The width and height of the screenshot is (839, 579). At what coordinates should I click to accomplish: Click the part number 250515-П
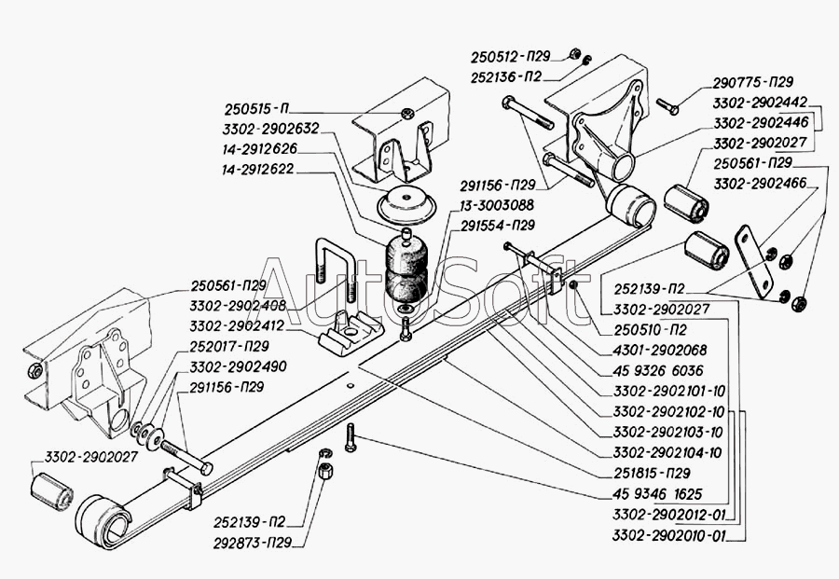(256, 109)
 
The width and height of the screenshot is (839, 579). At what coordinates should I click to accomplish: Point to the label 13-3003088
(497, 205)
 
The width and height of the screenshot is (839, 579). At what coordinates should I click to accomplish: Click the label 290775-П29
(753, 82)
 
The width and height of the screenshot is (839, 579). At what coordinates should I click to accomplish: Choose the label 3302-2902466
(760, 184)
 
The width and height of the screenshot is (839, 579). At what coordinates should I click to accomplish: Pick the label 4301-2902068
(660, 350)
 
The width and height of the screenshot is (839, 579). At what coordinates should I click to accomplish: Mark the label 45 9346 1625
(657, 493)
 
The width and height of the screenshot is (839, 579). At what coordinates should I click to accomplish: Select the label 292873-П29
(253, 543)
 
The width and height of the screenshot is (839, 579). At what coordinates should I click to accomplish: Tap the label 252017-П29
(229, 346)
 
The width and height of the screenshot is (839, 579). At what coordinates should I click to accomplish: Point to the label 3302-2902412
(238, 326)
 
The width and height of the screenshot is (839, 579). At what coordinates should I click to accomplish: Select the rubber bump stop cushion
(406, 273)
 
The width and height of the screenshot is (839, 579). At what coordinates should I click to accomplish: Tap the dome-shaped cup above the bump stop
(407, 205)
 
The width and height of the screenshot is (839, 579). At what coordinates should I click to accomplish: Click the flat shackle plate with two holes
(754, 262)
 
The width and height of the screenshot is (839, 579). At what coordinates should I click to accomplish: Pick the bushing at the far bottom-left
(51, 491)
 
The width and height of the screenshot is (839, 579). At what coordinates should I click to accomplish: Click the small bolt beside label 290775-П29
(667, 106)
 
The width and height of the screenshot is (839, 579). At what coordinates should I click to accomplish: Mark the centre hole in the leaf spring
(350, 385)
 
